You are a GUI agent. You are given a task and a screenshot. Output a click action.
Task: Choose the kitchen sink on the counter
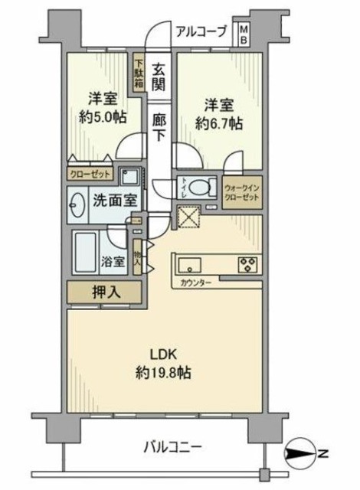coord(189,265)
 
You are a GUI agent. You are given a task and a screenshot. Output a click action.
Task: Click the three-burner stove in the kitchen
coord(250,265)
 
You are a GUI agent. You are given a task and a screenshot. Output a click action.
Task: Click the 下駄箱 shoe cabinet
coord(139,75)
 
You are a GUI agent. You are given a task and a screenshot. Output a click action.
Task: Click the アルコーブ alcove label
coord(201,31)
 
